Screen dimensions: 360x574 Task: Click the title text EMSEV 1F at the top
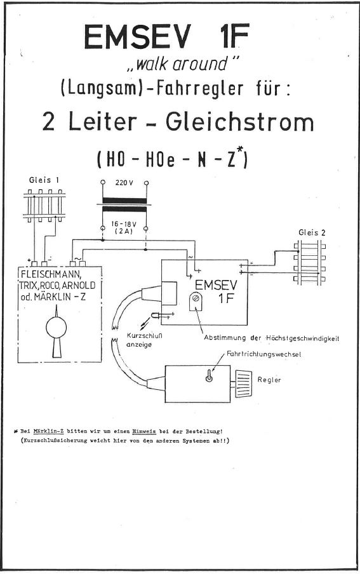[x=166, y=37]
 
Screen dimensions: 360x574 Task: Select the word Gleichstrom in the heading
[x=240, y=123]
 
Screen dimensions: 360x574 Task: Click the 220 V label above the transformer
[x=124, y=183]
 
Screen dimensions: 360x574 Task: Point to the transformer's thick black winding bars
[x=124, y=205]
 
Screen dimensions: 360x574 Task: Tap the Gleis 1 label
[x=44, y=180]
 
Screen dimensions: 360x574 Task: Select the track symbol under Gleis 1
[x=44, y=206]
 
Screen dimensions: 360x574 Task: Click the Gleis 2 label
[x=312, y=232]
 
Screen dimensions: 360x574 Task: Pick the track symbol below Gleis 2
[x=310, y=262]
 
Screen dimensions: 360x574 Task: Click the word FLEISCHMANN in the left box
[x=51, y=274]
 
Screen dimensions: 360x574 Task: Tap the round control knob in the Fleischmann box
[x=56, y=328]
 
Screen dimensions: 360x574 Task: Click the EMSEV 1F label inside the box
[x=216, y=291]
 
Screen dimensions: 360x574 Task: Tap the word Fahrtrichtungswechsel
[x=263, y=354]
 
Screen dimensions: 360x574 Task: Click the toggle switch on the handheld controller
[x=209, y=376]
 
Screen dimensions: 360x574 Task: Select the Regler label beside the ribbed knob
[x=269, y=380]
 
